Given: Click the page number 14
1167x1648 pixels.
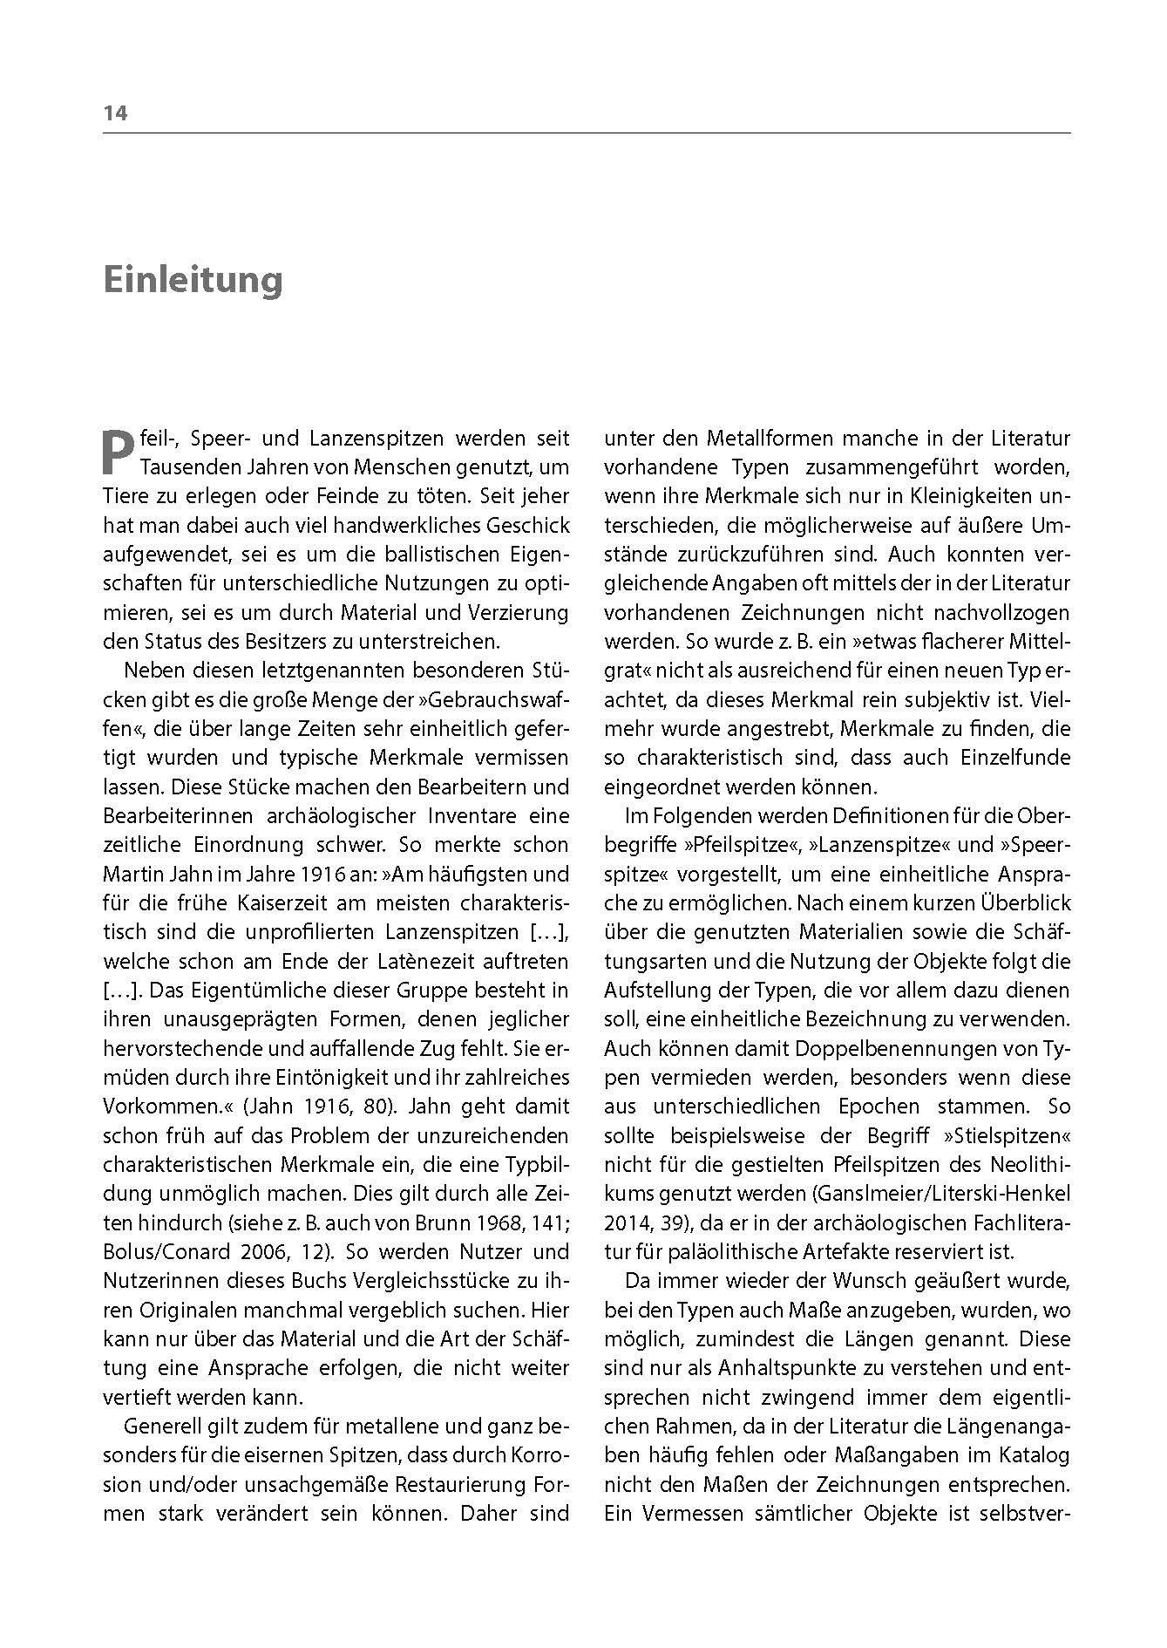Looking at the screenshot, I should pyautogui.click(x=115, y=113).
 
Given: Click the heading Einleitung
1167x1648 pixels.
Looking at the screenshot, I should pyautogui.click(x=193, y=281).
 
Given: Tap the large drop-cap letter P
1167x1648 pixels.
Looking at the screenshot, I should pyautogui.click(x=119, y=452).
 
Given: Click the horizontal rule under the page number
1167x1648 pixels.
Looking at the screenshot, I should pyautogui.click(x=587, y=133).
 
